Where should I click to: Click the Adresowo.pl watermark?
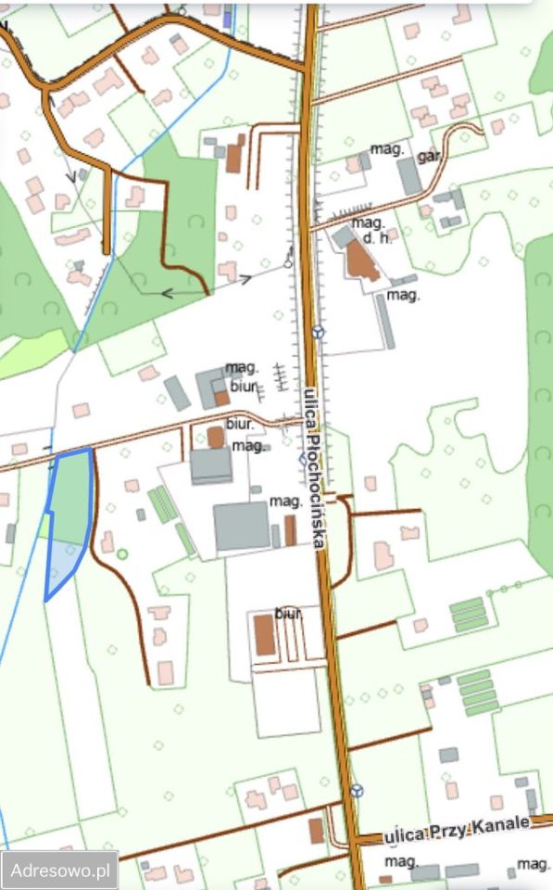(59, 871)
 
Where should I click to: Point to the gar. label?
(428, 155)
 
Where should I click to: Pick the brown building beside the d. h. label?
(362, 261)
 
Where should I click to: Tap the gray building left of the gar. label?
(409, 176)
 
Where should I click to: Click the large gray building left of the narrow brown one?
(242, 527)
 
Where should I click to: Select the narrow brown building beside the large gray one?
(290, 530)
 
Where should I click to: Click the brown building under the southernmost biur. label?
(265, 635)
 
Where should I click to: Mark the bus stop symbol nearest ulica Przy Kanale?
(358, 791)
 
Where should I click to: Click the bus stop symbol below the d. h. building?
(319, 330)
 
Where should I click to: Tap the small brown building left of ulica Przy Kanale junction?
(317, 830)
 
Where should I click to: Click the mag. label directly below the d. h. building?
(403, 295)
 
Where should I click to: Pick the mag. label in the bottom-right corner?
(533, 863)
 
